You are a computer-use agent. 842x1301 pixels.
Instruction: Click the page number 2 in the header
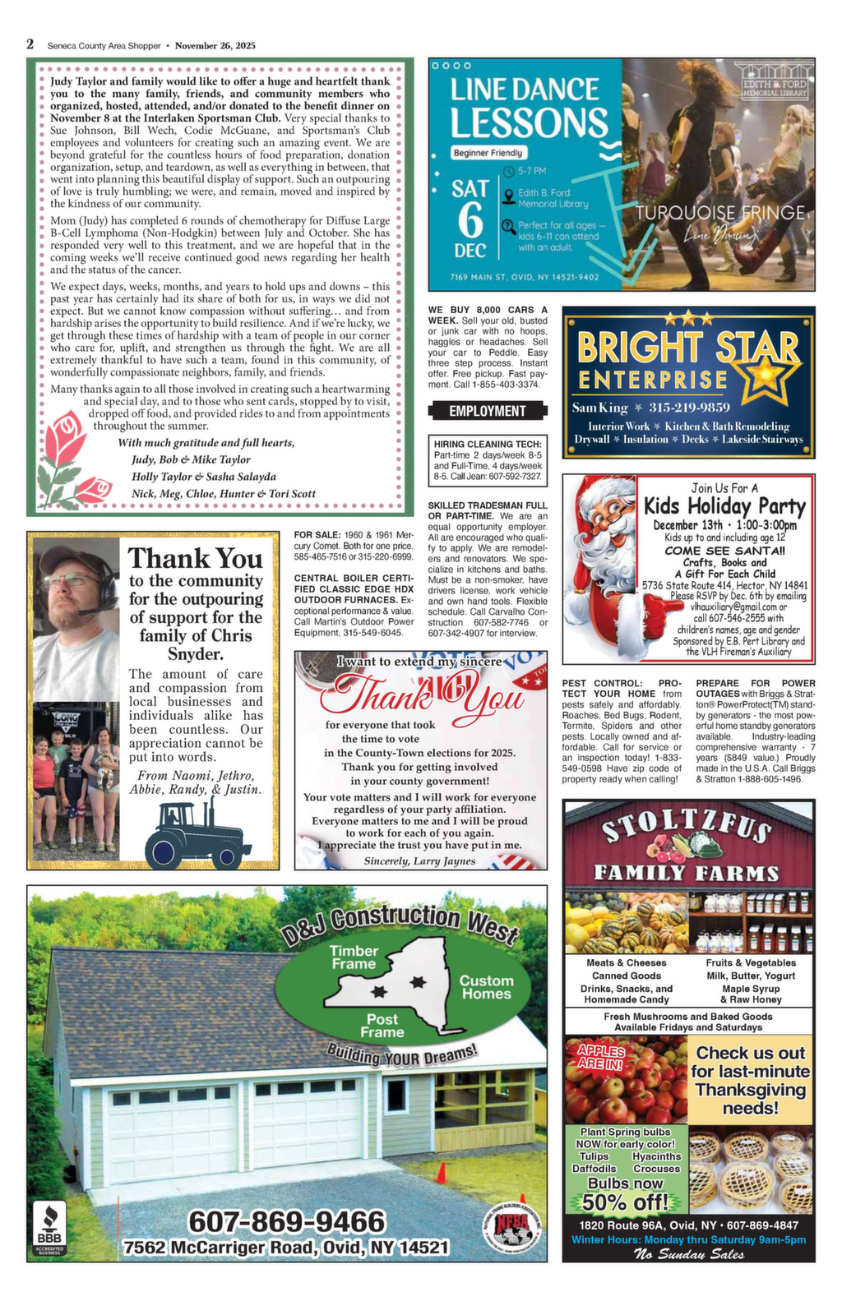[30, 44]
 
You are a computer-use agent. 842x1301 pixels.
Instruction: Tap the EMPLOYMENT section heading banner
[488, 411]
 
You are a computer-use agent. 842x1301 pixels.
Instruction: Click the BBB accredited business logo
[49, 1228]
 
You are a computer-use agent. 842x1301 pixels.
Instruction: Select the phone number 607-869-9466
[286, 1221]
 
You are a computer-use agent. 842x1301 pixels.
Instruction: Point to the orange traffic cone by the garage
[441, 1172]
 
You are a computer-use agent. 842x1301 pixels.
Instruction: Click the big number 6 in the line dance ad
[470, 219]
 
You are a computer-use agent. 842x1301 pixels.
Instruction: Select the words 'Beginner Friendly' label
[488, 153]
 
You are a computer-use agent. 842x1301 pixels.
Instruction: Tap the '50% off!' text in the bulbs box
[626, 1202]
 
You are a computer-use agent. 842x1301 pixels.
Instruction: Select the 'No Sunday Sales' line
[688, 1254]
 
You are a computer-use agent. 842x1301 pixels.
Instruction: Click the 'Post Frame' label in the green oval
[382, 1025]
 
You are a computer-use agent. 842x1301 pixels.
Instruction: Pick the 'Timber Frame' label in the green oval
[353, 957]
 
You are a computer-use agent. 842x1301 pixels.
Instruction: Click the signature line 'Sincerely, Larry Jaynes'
[419, 860]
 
